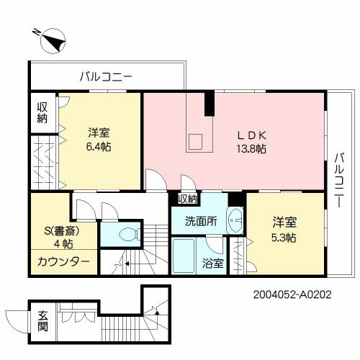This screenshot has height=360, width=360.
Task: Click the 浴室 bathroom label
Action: (x=212, y=264)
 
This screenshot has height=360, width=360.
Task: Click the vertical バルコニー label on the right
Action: (x=337, y=180)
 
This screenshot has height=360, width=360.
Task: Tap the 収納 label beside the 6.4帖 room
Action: (x=42, y=113)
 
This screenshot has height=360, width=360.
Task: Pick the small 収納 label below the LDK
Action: (x=187, y=199)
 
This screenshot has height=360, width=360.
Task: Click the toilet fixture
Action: (x=126, y=234)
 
